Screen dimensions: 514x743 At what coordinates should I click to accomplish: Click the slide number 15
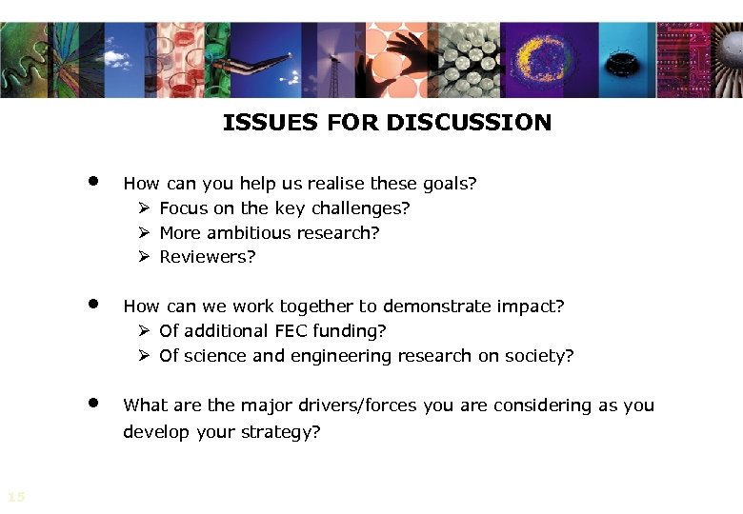point(15,496)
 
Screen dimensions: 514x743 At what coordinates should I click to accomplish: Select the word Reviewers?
point(208,257)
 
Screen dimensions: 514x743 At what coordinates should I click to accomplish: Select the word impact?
point(532,306)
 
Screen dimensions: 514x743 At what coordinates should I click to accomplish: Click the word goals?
point(448,183)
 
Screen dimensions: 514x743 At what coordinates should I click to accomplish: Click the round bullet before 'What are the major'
point(93,403)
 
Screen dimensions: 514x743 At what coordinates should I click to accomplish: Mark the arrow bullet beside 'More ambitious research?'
point(144,232)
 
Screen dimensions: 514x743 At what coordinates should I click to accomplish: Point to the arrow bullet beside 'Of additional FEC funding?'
point(144,331)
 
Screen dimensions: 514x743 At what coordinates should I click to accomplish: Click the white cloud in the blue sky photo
point(115,59)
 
